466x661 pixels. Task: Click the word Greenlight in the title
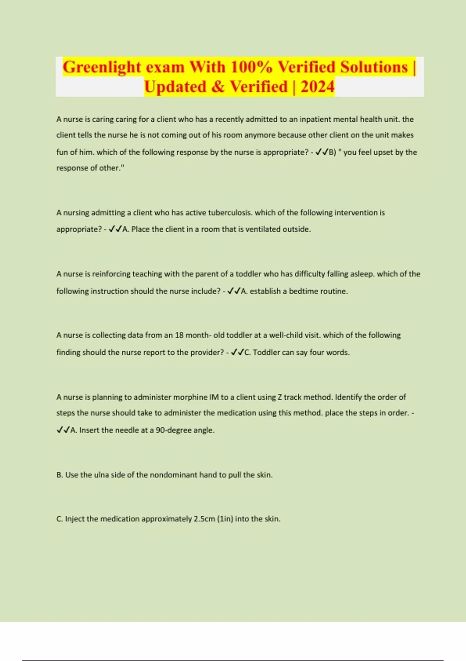click(102, 67)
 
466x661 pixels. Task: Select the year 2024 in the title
click(317, 87)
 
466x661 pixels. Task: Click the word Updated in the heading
click(175, 87)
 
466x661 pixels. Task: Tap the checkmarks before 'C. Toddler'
click(237, 353)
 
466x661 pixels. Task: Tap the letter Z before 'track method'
click(280, 397)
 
